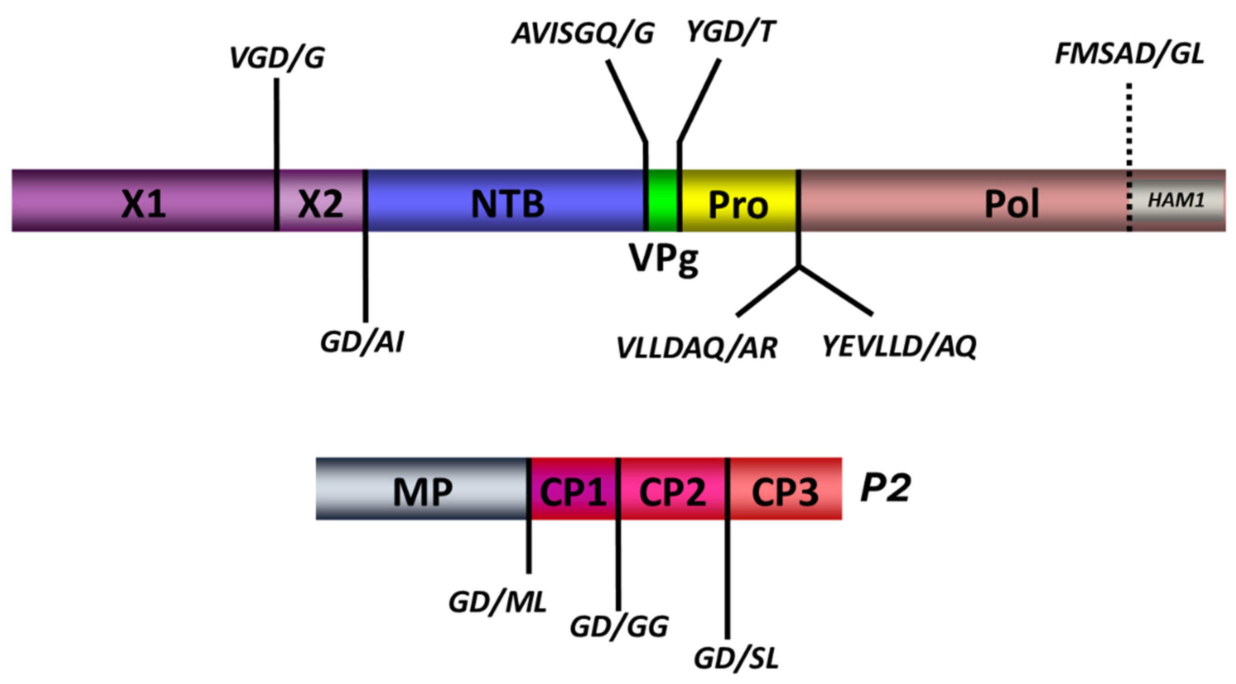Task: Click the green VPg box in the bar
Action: click(x=662, y=200)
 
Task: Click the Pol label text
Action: click(x=1012, y=204)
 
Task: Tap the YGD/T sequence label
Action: click(x=730, y=33)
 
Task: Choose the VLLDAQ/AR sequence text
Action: click(x=697, y=348)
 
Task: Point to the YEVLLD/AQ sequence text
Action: click(x=899, y=346)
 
